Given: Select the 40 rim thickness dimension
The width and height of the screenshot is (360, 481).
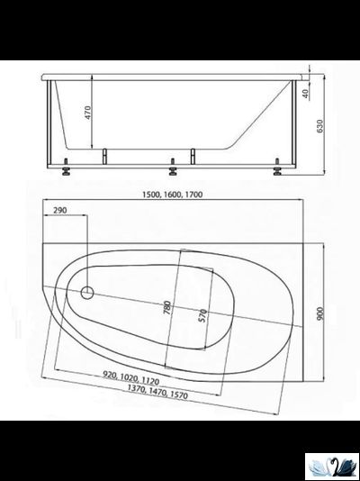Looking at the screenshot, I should pyautogui.click(x=308, y=93).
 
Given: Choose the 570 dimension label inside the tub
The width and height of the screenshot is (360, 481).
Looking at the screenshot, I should pyautogui.click(x=205, y=318).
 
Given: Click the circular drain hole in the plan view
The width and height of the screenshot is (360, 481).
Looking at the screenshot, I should pyautogui.click(x=87, y=293).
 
